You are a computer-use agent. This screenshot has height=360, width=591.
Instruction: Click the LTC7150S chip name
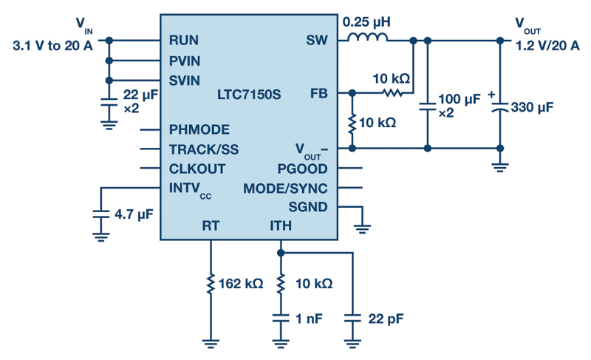[x=249, y=94]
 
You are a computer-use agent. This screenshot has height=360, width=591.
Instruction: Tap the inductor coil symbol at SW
[x=367, y=36]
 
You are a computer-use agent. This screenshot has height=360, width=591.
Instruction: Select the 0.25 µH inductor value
[x=366, y=22]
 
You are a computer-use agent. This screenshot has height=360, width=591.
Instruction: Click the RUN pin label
[x=183, y=40]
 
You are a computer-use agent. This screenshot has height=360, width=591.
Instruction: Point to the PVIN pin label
[x=185, y=61]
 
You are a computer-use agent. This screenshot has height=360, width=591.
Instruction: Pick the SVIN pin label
[x=184, y=81]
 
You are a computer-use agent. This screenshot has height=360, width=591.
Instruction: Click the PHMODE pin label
[x=199, y=129]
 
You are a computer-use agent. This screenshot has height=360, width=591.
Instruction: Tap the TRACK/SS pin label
[x=204, y=149]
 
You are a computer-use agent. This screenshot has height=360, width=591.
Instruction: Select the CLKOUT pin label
[x=197, y=169]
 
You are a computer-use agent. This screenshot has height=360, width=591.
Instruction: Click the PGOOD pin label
[x=302, y=169]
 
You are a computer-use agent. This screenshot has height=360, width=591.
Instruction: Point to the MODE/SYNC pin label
[x=285, y=189]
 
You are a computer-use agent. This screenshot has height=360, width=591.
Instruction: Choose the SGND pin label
[x=308, y=207]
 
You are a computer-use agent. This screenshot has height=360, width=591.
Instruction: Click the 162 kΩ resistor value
[x=241, y=283]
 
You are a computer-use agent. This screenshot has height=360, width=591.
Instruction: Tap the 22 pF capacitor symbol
[x=352, y=319]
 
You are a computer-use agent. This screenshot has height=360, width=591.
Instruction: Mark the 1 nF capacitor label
[x=309, y=319]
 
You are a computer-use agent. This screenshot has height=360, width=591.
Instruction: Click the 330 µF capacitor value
[x=532, y=107]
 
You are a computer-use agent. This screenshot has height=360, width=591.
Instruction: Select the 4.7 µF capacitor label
[x=134, y=214]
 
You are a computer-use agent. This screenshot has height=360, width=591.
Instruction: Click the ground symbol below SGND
[x=362, y=228]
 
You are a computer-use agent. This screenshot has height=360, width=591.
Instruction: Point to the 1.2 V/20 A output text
[x=547, y=46]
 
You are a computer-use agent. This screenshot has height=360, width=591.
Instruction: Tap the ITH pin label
[x=281, y=225]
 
